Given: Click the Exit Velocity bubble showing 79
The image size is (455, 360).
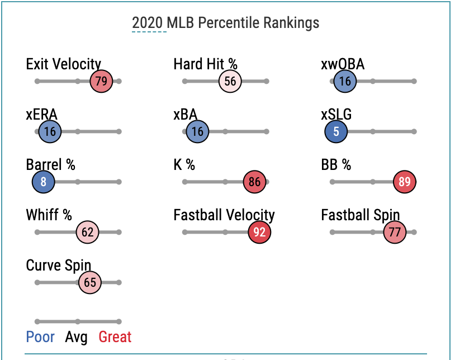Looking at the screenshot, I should coord(101,81).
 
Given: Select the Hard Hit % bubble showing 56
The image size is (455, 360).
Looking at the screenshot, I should coord(230,81).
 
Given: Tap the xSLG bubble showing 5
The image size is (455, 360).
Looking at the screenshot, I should coord(336,132).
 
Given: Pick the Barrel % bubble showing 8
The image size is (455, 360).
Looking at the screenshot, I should coord(43,182).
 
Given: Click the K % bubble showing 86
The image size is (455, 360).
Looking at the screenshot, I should coord(254,182).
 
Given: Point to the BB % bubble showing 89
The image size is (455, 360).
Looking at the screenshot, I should coord(405,182).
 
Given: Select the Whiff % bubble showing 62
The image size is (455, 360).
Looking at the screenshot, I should coord(88,233).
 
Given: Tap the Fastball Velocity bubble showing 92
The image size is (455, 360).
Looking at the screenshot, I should coord(259,233).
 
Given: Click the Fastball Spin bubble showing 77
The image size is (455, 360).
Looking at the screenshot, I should coord(394,233).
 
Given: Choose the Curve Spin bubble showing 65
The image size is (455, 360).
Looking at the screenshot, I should coord(90,283).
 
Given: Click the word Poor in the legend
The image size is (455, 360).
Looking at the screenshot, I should coord(40,337).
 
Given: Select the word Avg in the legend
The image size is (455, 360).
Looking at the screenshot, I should coord(77,337).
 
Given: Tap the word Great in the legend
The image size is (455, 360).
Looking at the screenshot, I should coord(115,337).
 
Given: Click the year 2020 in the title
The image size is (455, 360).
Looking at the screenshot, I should coord(148,23).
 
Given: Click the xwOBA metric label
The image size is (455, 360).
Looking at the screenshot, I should coord(343,64).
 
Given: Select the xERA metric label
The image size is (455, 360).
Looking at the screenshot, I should coord(41,115).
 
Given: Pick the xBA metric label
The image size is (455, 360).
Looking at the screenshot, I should coord(186,115).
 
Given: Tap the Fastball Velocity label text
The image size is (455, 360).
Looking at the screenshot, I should coord(224,215).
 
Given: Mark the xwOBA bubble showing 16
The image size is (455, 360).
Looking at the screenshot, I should coord(345,81).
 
